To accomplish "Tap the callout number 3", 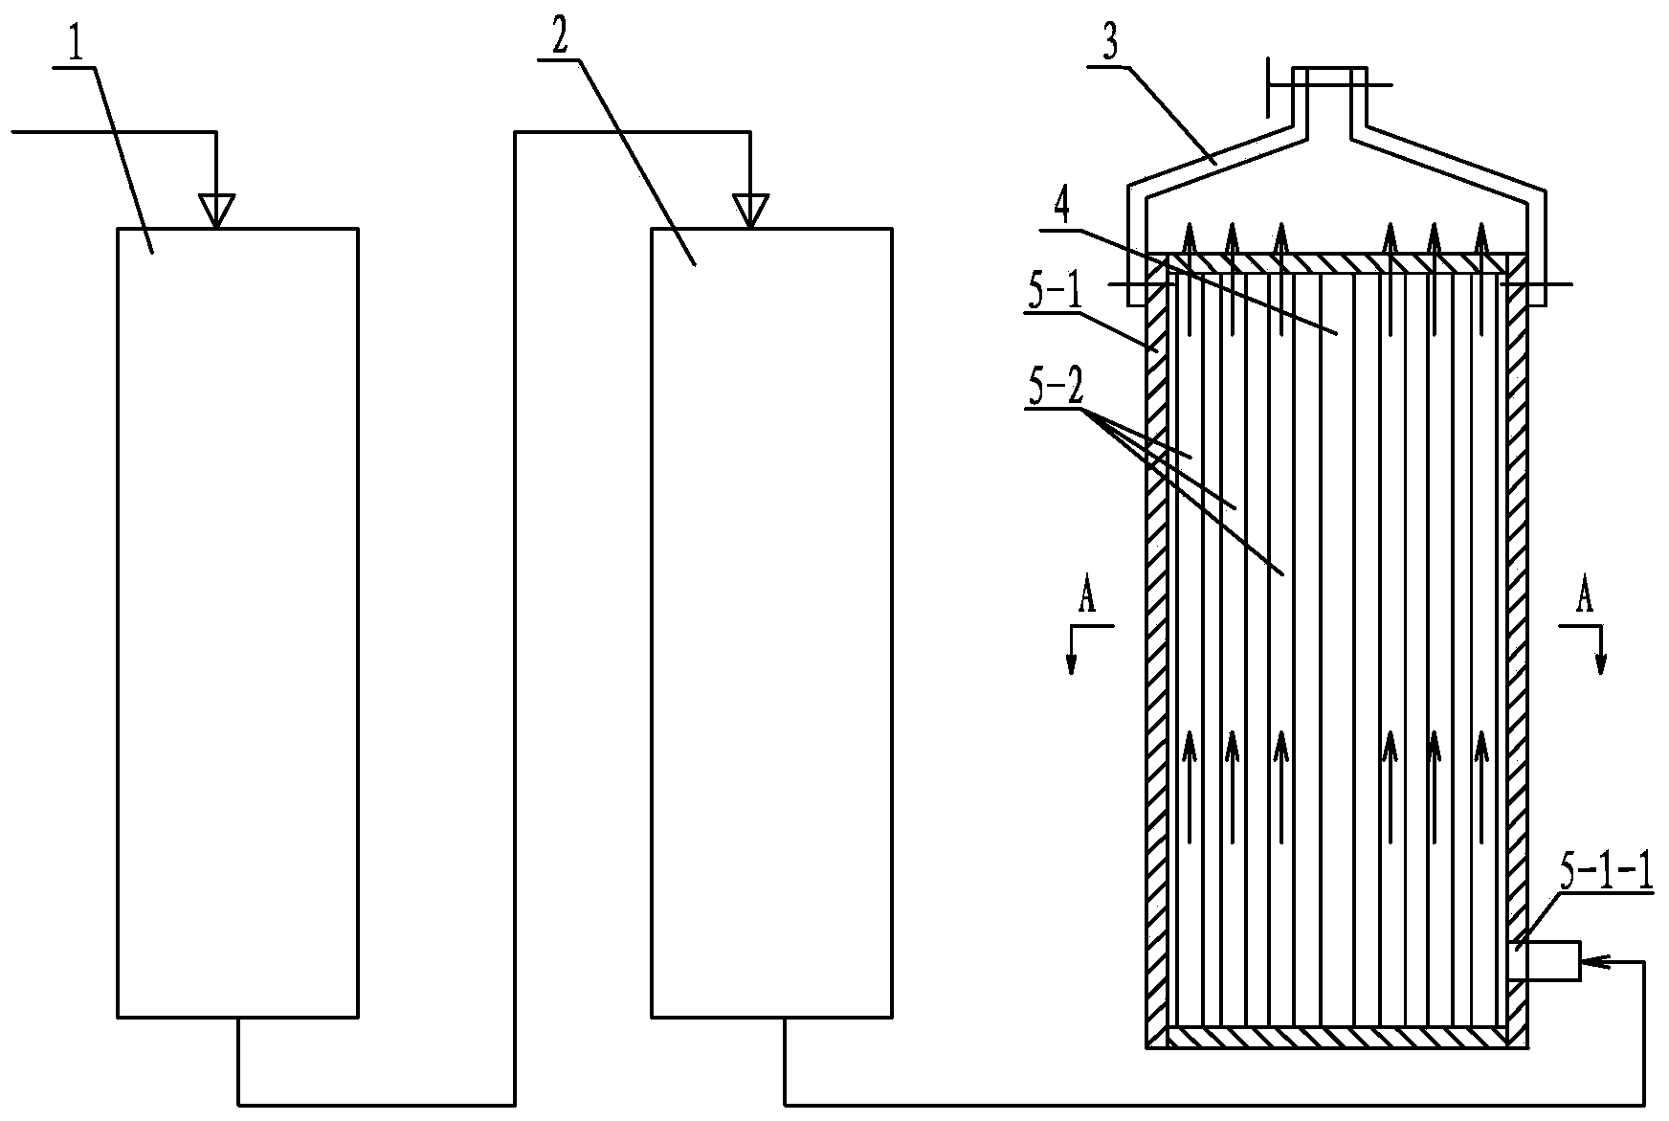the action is (1110, 47).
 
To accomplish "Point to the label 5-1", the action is (1055, 296).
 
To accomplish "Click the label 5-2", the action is (1055, 391).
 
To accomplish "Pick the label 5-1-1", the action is (1607, 876).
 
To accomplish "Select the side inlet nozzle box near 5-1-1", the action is (1549, 961).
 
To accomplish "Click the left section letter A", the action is (1086, 598).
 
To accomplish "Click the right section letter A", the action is (1585, 598).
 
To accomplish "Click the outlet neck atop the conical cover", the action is (1328, 96).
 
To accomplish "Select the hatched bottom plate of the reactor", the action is (1337, 1037).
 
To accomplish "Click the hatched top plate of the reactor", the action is (1337, 263).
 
